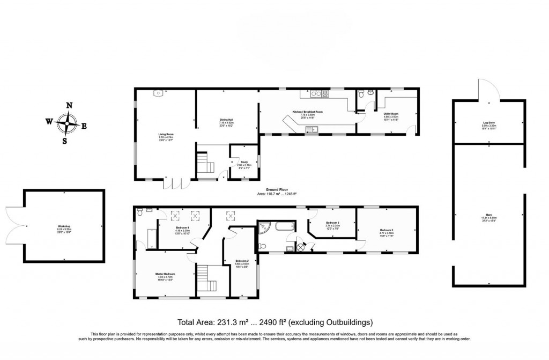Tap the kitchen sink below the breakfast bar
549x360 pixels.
tap(310, 129)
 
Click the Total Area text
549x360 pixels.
tap(274, 322)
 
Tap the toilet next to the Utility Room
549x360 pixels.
tap(362, 94)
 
